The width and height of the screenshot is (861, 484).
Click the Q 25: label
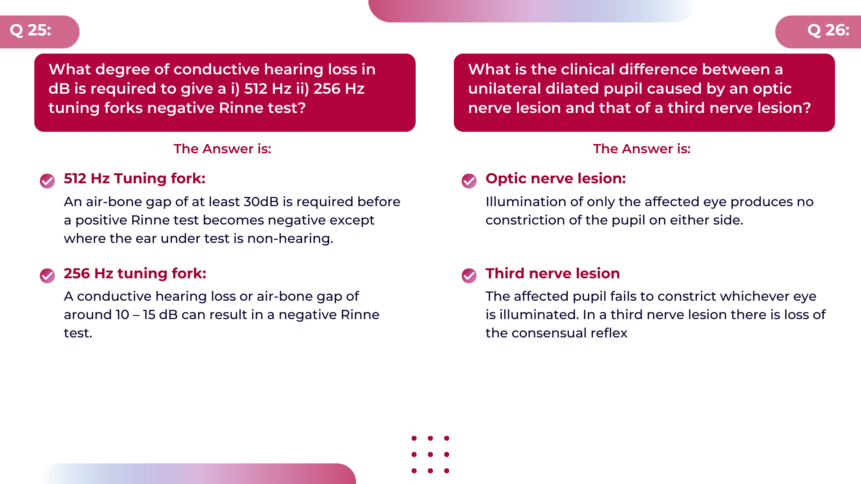click(x=30, y=30)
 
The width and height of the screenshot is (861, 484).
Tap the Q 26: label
click(x=828, y=30)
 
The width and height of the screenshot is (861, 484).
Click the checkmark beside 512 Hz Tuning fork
click(x=47, y=181)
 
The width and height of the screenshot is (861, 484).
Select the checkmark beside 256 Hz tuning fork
click(x=47, y=276)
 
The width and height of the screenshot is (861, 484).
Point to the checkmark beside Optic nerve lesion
click(x=469, y=181)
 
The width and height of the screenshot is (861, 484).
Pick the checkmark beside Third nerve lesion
click(x=469, y=276)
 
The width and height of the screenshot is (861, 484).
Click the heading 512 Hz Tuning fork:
click(x=135, y=178)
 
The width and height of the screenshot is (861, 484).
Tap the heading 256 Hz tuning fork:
click(x=135, y=273)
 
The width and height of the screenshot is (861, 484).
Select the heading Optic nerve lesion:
click(x=556, y=178)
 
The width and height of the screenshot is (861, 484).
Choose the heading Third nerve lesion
click(x=552, y=273)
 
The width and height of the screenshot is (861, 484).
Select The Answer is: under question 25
click(x=222, y=149)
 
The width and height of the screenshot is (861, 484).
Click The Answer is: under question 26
click(x=642, y=149)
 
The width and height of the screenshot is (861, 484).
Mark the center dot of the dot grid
click(x=430, y=454)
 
